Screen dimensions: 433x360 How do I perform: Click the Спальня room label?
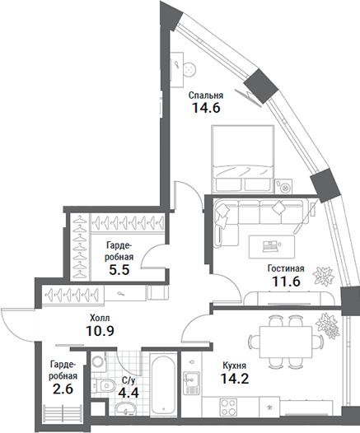(x=205, y=95)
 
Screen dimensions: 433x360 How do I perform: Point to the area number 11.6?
(x=286, y=282)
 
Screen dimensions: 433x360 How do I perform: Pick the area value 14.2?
(x=237, y=379)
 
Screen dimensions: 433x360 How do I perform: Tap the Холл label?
(x=100, y=317)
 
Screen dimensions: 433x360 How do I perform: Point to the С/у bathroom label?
(x=129, y=379)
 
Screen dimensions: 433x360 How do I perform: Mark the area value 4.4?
(x=129, y=393)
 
